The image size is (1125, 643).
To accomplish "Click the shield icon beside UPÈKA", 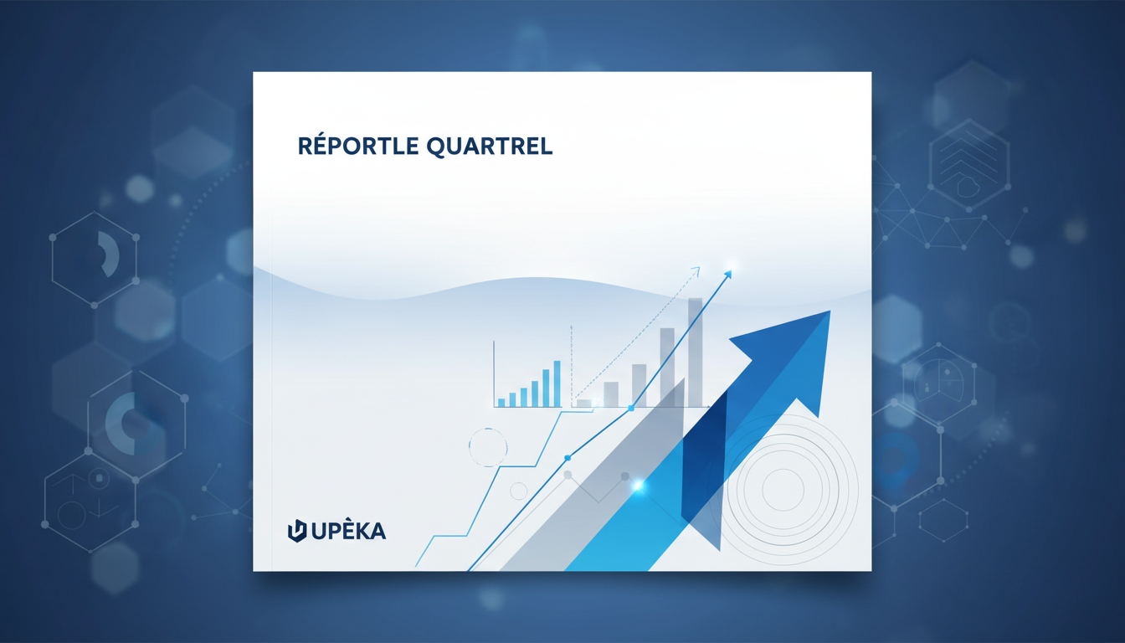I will pyautogui.click(x=297, y=531).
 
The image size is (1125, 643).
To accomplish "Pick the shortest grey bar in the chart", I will pyautogui.click(x=583, y=403).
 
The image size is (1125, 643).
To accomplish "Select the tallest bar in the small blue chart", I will pyautogui.click(x=557, y=383).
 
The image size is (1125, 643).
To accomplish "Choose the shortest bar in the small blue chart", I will pyautogui.click(x=501, y=402).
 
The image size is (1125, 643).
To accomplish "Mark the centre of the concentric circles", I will pyautogui.click(x=783, y=486).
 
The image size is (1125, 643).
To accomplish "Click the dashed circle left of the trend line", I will pyautogui.click(x=488, y=447).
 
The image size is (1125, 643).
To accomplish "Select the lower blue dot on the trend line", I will pyautogui.click(x=568, y=458).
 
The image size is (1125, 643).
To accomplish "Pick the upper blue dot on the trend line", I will pyautogui.click(x=631, y=408).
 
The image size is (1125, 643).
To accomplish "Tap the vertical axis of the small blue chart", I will pyautogui.click(x=494, y=373).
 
